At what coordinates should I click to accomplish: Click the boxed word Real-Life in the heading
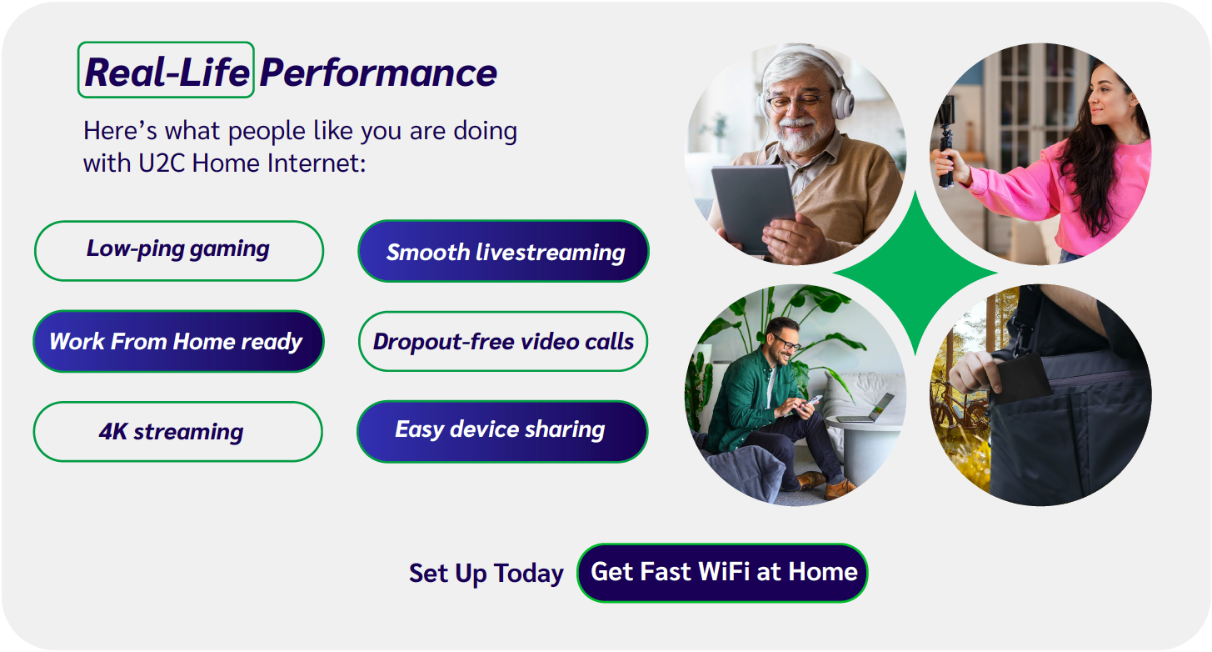click(166, 70)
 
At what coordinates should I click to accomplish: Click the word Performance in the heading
click(378, 73)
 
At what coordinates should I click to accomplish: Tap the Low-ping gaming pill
click(179, 251)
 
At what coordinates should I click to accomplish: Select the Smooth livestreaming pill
click(503, 251)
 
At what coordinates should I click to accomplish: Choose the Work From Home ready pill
click(178, 341)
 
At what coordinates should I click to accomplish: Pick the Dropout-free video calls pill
click(502, 341)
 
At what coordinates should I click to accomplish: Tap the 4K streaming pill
click(178, 432)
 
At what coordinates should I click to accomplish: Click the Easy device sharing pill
click(502, 432)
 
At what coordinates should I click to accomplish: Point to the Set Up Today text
click(486, 573)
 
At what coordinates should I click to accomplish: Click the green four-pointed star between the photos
click(915, 273)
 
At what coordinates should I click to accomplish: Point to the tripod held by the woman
click(946, 142)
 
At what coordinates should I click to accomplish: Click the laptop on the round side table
click(865, 409)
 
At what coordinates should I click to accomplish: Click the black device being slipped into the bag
click(1024, 379)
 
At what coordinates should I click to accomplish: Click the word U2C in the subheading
click(162, 163)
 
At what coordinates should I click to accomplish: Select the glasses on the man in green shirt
click(786, 342)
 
